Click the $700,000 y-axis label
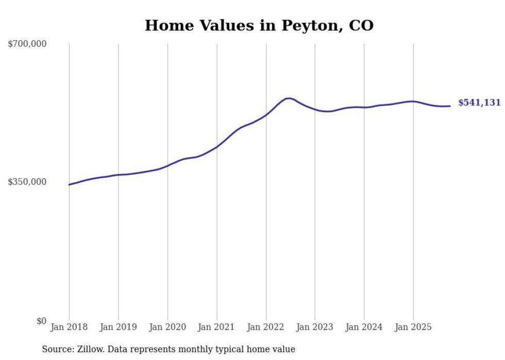27,44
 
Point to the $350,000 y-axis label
27,182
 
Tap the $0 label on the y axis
41,321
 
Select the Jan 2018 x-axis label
69,327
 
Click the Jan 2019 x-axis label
118,327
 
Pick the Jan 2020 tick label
167,327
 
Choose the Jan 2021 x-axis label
216,327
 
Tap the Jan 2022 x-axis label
266,327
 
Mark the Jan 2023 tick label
315,327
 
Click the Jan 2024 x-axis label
364,327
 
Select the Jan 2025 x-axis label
413,327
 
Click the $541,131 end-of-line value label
479,103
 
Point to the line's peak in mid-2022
289,98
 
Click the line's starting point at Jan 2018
69,184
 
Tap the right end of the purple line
450,106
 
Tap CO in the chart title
361,25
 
